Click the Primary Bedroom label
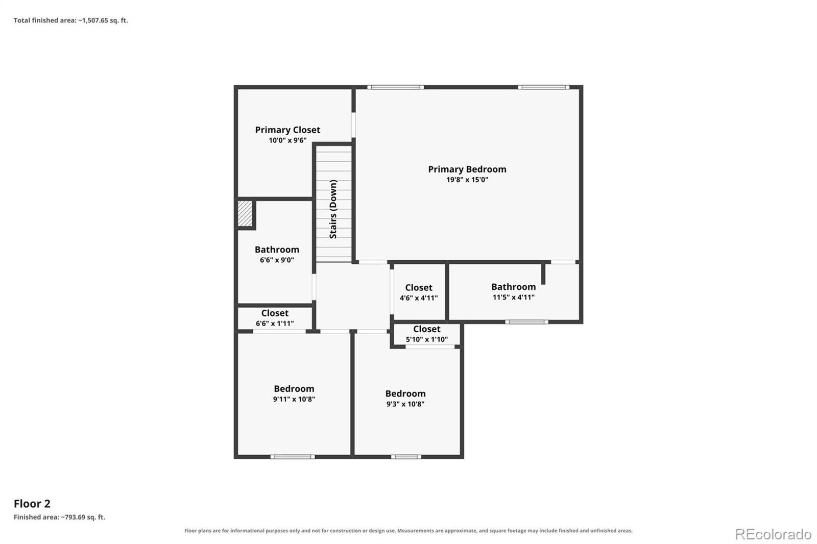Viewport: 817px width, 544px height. point(467,169)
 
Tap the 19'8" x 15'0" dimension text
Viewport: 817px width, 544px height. point(467,180)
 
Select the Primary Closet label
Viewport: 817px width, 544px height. point(287,130)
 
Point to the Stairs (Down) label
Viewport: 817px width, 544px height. point(333,209)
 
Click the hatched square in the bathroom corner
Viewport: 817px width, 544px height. point(245,213)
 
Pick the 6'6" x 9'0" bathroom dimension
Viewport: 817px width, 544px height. point(277,260)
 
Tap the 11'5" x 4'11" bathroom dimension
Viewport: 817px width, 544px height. point(514,297)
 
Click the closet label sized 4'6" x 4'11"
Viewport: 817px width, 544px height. point(419,288)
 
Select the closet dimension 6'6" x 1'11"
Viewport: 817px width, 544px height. point(275,324)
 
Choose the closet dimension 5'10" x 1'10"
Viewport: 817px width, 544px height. point(427,339)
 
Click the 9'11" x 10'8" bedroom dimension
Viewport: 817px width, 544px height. point(294,399)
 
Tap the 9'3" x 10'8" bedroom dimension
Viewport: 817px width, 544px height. point(405,404)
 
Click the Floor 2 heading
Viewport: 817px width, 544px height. point(32,504)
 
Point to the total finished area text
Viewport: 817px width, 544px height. point(71,20)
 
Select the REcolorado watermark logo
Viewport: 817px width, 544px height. point(773,534)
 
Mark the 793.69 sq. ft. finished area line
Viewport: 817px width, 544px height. point(59,517)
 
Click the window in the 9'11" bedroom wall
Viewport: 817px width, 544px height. point(293,457)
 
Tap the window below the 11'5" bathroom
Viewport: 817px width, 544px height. point(526,322)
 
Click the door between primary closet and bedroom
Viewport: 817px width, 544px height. point(353,125)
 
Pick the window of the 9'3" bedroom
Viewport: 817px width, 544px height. point(406,457)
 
